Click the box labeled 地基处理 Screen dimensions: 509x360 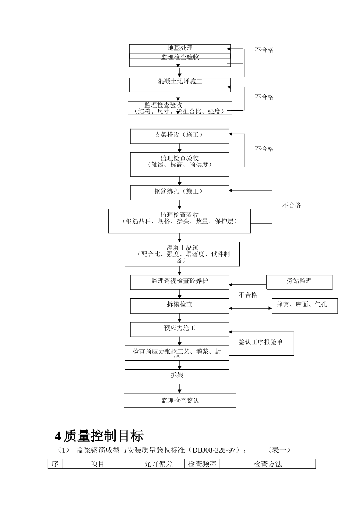180,48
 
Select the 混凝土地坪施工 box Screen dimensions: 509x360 180,84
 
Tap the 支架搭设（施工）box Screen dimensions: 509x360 180,136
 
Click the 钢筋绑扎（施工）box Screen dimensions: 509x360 180,192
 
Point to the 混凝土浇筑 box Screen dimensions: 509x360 182,254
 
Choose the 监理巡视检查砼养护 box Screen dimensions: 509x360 180,282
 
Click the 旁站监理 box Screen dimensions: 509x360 299,282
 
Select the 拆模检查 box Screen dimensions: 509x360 180,306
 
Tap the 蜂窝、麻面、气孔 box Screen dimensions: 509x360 304,306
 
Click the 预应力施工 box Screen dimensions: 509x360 180,329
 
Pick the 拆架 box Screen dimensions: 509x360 177,376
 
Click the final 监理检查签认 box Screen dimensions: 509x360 180,400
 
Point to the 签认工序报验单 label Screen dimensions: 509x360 260,342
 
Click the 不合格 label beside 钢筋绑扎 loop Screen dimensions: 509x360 291,205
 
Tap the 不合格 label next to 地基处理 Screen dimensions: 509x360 264,50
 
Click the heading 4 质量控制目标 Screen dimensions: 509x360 99,436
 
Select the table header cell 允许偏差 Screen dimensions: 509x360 158,464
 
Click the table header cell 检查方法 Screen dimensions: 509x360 268,464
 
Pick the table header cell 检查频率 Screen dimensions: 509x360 202,464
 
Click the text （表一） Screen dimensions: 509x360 279,450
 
